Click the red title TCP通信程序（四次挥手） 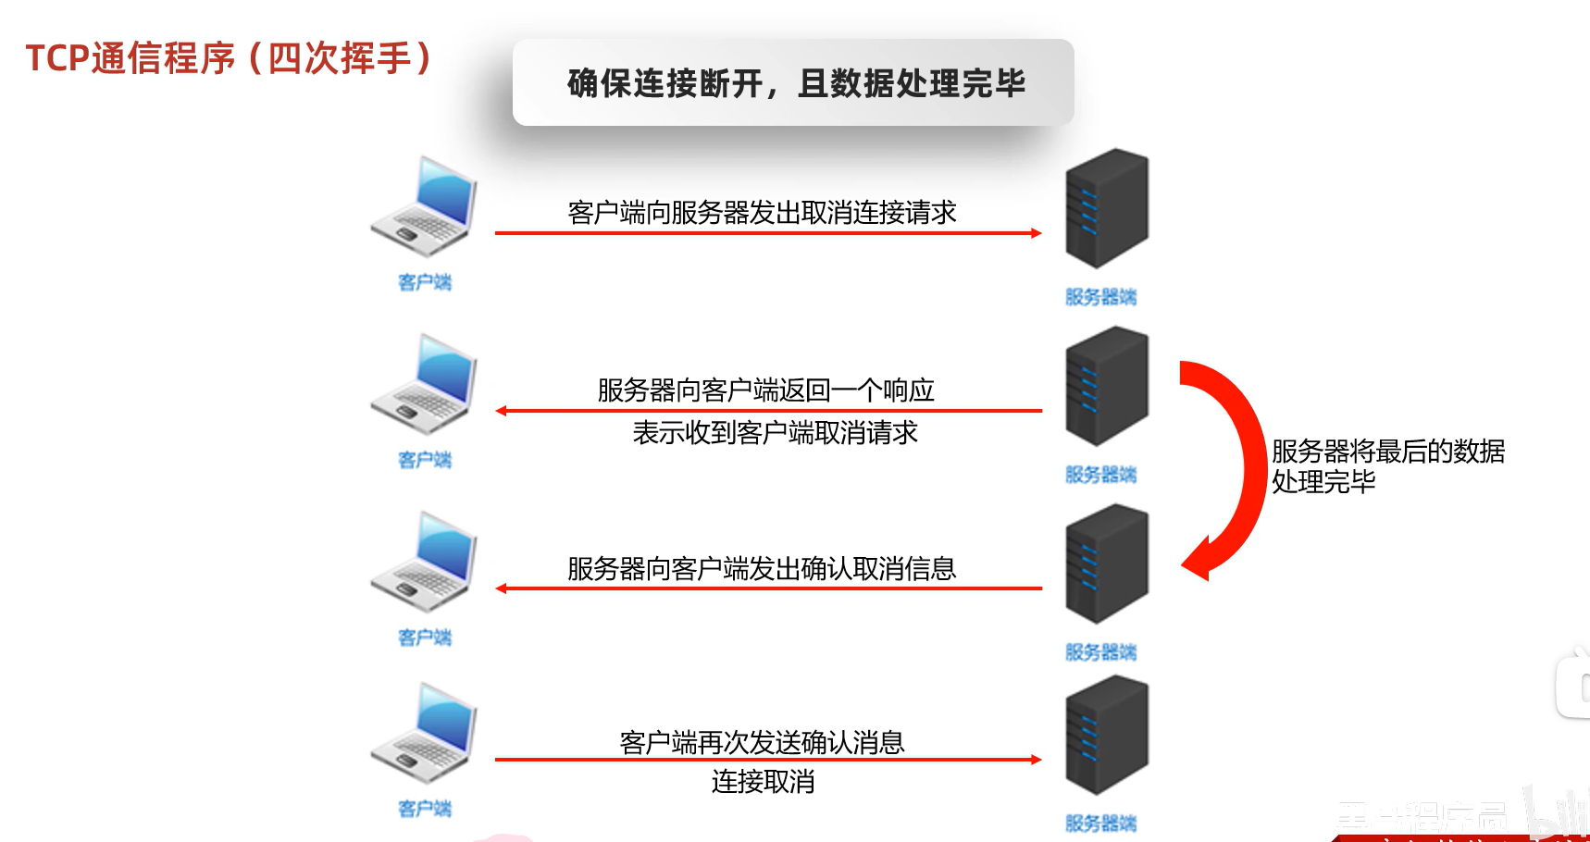click(x=228, y=58)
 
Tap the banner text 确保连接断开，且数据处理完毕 click(x=796, y=83)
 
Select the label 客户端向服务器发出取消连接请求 click(x=762, y=213)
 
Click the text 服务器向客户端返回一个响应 click(x=765, y=390)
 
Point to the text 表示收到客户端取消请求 click(x=775, y=432)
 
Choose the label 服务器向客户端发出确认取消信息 click(x=762, y=568)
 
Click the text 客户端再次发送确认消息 click(x=762, y=742)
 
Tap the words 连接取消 click(x=763, y=782)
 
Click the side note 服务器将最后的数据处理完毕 click(x=1387, y=466)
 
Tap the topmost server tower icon click(x=1107, y=208)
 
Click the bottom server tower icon click(x=1107, y=735)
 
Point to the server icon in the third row click(x=1107, y=563)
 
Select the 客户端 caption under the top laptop click(x=425, y=282)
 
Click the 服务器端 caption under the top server click(x=1100, y=297)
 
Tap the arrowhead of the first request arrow click(x=1037, y=233)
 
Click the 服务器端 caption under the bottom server click(x=1100, y=823)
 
